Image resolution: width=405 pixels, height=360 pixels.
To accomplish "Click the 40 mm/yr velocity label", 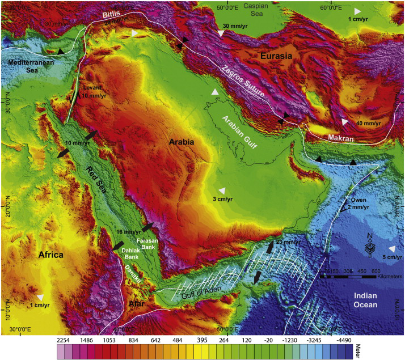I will (369, 123).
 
